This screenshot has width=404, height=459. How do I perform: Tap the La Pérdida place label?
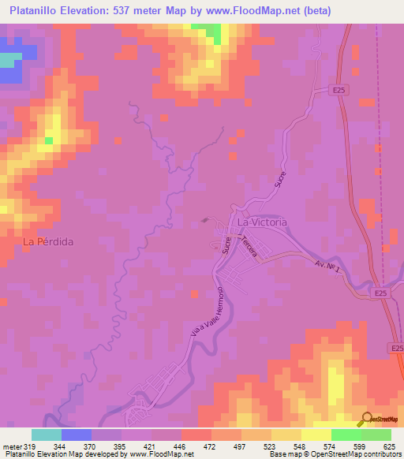[48, 241]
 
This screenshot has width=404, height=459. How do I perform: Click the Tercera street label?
[250, 249]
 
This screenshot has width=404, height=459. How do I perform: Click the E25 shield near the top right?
[339, 91]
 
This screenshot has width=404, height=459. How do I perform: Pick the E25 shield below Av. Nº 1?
[381, 293]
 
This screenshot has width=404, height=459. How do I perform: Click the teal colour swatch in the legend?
[47, 435]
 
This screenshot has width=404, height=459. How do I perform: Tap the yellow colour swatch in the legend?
[316, 435]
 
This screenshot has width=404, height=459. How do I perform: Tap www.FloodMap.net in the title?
[259, 10]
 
